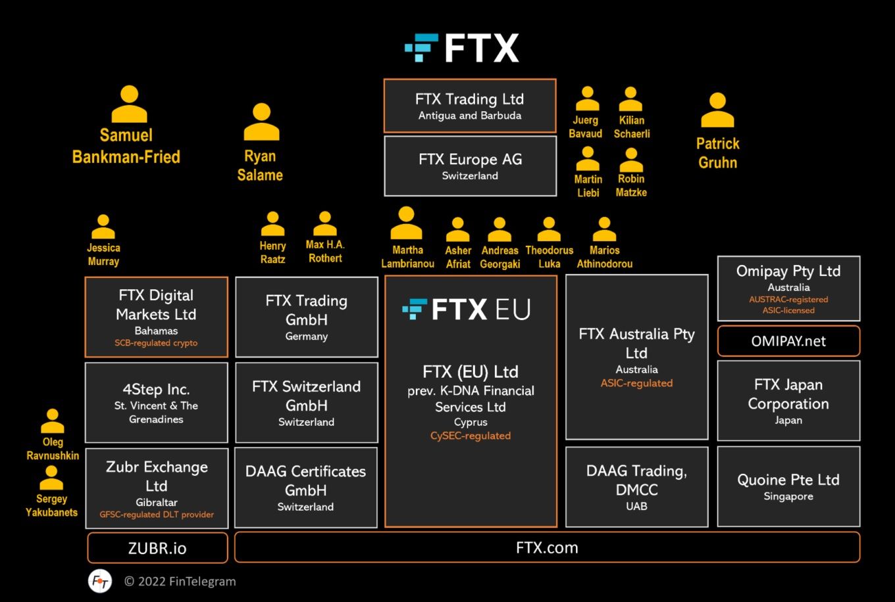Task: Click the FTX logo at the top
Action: pos(462,48)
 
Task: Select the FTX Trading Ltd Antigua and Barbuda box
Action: pos(470,106)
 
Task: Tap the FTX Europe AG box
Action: pos(470,166)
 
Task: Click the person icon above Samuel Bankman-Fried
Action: pos(129,104)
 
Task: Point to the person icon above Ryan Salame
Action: pos(261,122)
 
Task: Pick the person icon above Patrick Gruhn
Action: pos(717,110)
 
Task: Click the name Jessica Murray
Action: pos(103,254)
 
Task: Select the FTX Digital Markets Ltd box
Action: pos(156,317)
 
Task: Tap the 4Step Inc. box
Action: pos(156,402)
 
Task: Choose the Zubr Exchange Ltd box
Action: pos(157,488)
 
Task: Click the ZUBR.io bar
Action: pos(157,548)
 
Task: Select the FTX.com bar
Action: pos(547,547)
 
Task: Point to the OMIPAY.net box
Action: pos(788,341)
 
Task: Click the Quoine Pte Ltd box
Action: pos(788,486)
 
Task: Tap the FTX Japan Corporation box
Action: pos(788,400)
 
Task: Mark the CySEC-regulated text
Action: pos(471,436)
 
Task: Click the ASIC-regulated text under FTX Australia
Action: pos(636,383)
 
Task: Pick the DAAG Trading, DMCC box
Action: pos(636,487)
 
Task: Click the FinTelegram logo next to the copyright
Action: pos(100,581)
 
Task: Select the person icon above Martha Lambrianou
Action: pos(406,223)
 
